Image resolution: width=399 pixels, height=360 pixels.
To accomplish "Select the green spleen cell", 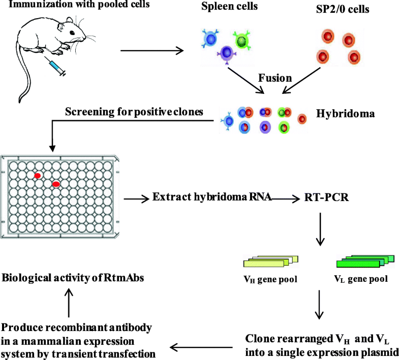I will pos(242,40).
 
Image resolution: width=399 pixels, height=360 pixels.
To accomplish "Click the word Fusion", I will pos(275,78).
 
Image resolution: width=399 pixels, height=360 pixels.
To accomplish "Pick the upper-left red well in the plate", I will pos(37,176).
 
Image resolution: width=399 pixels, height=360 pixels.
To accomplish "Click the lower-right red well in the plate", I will pos(56,184).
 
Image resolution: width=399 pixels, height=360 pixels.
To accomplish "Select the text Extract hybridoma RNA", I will pos(211,198).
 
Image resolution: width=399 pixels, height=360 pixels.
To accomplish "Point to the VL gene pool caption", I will pos(360,279).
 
